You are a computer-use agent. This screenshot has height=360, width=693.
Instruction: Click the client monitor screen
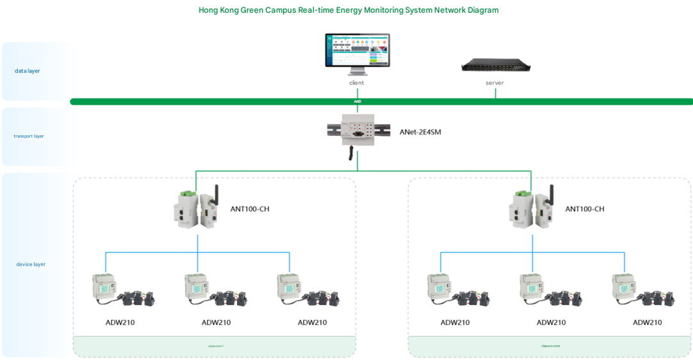(x=357, y=50)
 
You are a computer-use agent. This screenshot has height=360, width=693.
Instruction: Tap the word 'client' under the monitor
(x=357, y=83)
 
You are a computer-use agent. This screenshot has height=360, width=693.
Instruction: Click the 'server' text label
(x=494, y=83)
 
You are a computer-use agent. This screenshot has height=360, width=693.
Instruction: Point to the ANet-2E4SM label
(x=420, y=133)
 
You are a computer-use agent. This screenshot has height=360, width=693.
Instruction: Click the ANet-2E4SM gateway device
(x=357, y=131)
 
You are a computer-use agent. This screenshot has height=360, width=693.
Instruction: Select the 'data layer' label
(x=28, y=71)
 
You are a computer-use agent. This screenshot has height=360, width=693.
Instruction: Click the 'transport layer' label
(x=29, y=136)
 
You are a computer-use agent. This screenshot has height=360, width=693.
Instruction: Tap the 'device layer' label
(x=31, y=264)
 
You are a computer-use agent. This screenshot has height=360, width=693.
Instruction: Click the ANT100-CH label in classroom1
(x=250, y=209)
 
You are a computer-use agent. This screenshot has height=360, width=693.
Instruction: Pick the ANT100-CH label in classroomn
(x=585, y=209)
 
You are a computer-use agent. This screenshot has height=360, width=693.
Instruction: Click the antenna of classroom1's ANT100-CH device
(x=216, y=195)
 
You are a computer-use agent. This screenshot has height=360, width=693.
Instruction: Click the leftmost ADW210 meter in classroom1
(x=106, y=288)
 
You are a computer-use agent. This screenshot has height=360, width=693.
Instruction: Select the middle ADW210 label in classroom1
(x=216, y=322)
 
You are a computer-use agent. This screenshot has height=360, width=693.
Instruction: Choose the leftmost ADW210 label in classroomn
(x=455, y=322)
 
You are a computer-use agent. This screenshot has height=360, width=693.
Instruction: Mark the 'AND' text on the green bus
(x=357, y=101)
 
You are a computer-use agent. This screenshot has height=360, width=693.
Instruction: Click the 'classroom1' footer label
(x=216, y=346)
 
